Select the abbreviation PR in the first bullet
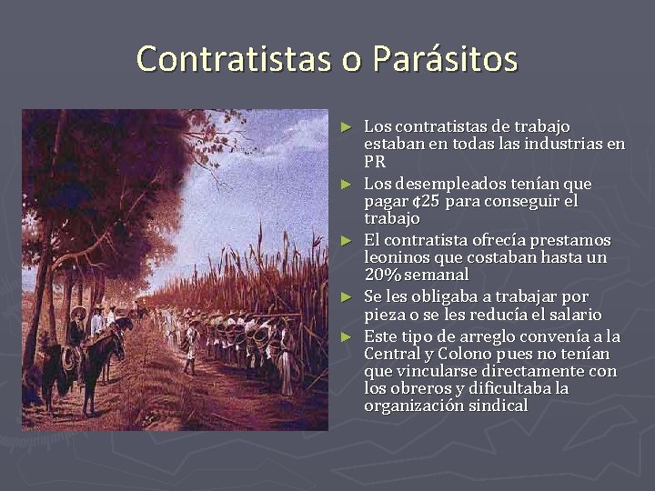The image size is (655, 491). [375, 162]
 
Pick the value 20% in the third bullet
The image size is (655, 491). [383, 275]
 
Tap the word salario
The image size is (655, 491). [571, 315]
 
